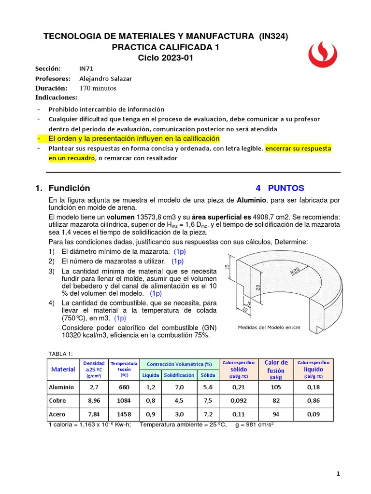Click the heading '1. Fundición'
click(70, 188)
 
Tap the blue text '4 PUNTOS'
click(280, 188)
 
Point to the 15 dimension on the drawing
click(228, 267)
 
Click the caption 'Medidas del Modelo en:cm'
click(269, 327)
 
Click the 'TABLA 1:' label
click(61, 354)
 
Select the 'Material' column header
click(63, 369)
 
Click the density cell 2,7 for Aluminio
click(95, 387)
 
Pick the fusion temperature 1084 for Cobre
click(124, 400)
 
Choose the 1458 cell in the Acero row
click(124, 414)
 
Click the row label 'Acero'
click(57, 414)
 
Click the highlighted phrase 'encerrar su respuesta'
click(298, 149)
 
